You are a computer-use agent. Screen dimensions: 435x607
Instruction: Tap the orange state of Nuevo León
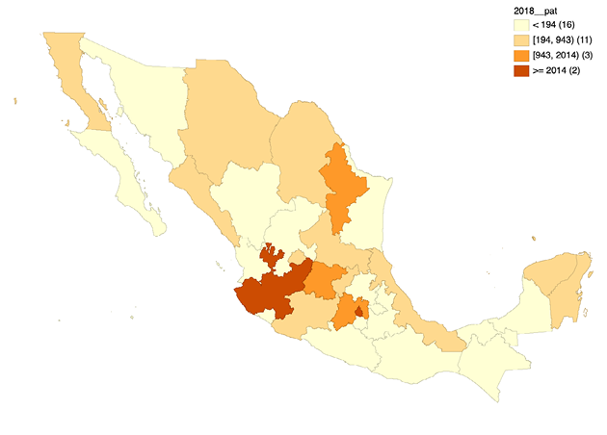point(342,188)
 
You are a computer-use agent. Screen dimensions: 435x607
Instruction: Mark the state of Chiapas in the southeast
point(491,361)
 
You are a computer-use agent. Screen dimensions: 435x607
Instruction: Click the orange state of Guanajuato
point(325,279)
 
